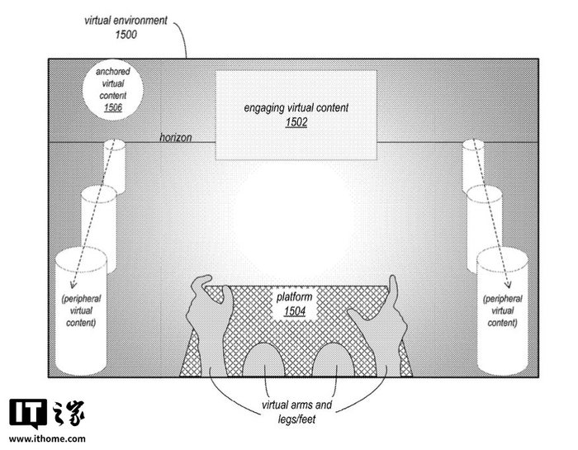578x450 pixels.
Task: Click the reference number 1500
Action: pos(126,35)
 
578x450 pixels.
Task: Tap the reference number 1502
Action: pos(296,122)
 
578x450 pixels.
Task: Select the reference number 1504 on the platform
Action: pos(295,311)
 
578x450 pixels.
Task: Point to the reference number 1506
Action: pos(113,107)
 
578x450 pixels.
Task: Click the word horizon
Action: pos(175,137)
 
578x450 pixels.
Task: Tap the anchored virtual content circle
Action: pos(113,89)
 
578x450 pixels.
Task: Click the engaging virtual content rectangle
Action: pos(296,115)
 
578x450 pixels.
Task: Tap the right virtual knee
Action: pos(334,359)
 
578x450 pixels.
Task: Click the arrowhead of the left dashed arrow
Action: pos(73,285)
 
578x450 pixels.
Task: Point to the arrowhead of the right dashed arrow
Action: pos(509,284)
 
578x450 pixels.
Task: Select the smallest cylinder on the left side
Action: pos(115,166)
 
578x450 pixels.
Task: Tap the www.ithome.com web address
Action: pos(47,439)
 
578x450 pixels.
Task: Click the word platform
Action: pos(295,297)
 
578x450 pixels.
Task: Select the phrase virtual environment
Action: pos(126,21)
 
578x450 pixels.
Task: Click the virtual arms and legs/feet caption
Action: pos(296,412)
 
